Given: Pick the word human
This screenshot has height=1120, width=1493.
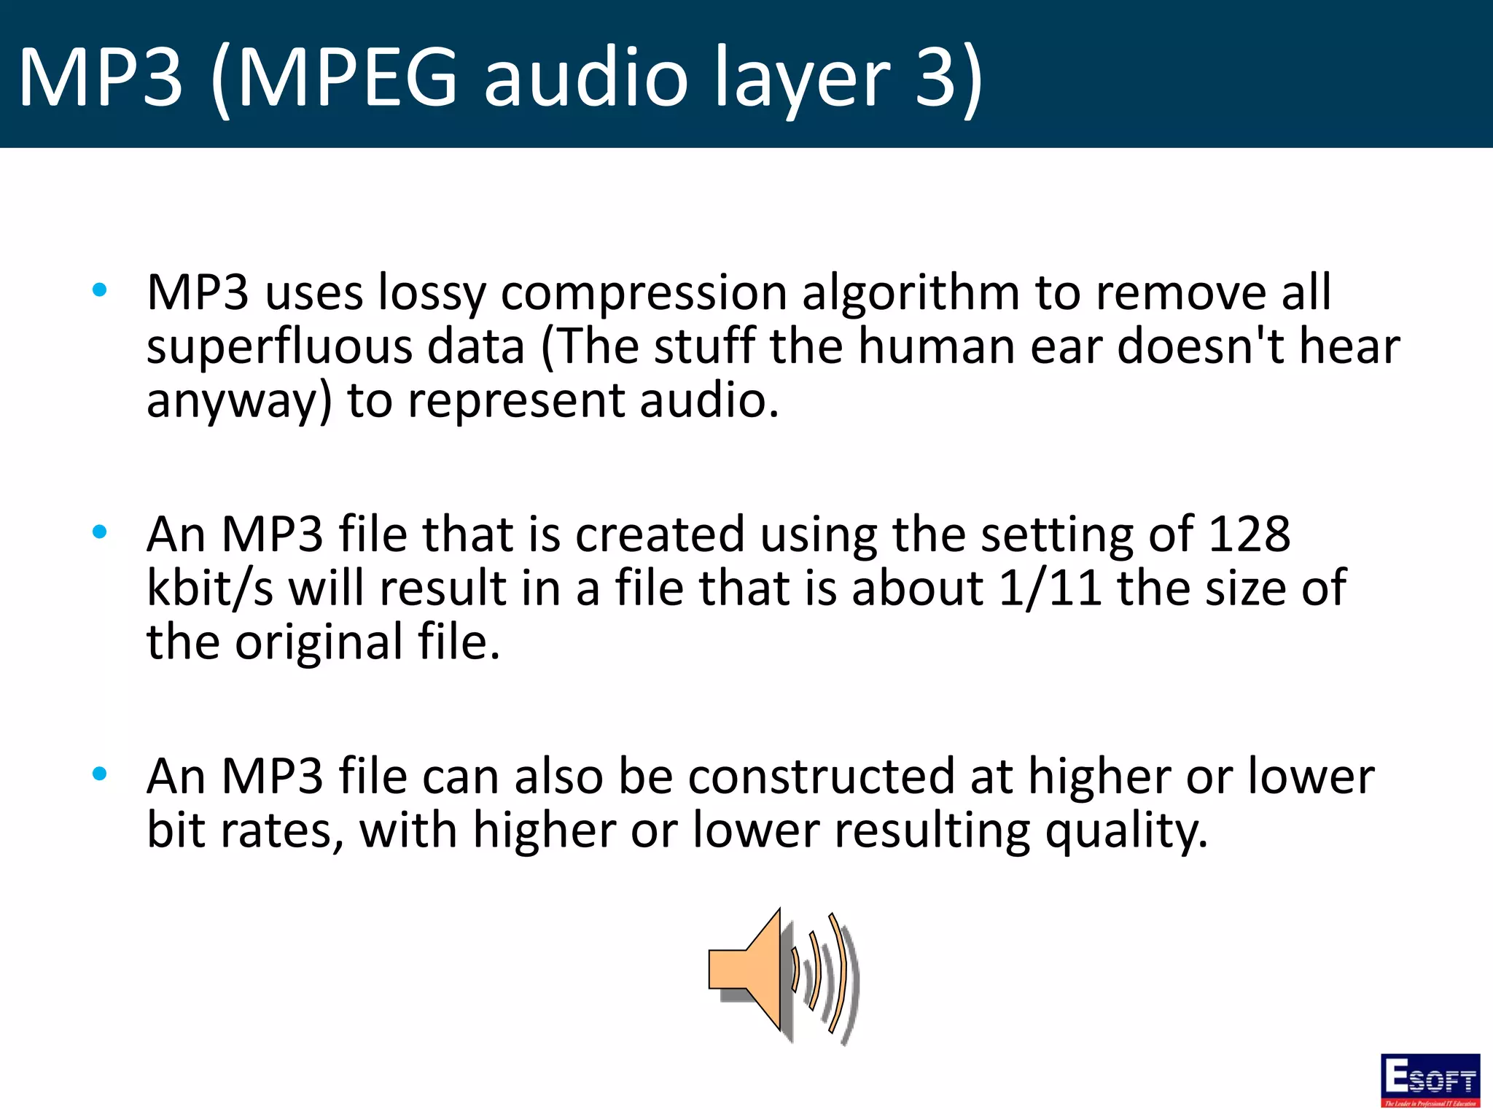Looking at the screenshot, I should (x=936, y=346).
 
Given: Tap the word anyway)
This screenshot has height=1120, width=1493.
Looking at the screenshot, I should (x=239, y=402).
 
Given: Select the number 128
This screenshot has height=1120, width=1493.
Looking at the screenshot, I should (x=1249, y=534).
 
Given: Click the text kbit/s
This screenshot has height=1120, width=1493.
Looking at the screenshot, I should (x=210, y=588).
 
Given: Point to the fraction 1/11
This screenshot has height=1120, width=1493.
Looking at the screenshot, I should (x=1050, y=588).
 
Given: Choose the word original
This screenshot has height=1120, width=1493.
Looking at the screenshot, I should (x=319, y=643).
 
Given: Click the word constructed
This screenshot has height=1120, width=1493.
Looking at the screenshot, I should (x=822, y=777).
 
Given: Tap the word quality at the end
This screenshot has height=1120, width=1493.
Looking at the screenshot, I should (x=1126, y=832).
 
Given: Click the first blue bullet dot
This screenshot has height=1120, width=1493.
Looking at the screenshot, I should (x=100, y=291).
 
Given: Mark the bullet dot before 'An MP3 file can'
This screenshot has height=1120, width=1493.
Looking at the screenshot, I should (x=100, y=774).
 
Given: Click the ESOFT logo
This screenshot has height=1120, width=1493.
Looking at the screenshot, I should (x=1430, y=1080).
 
